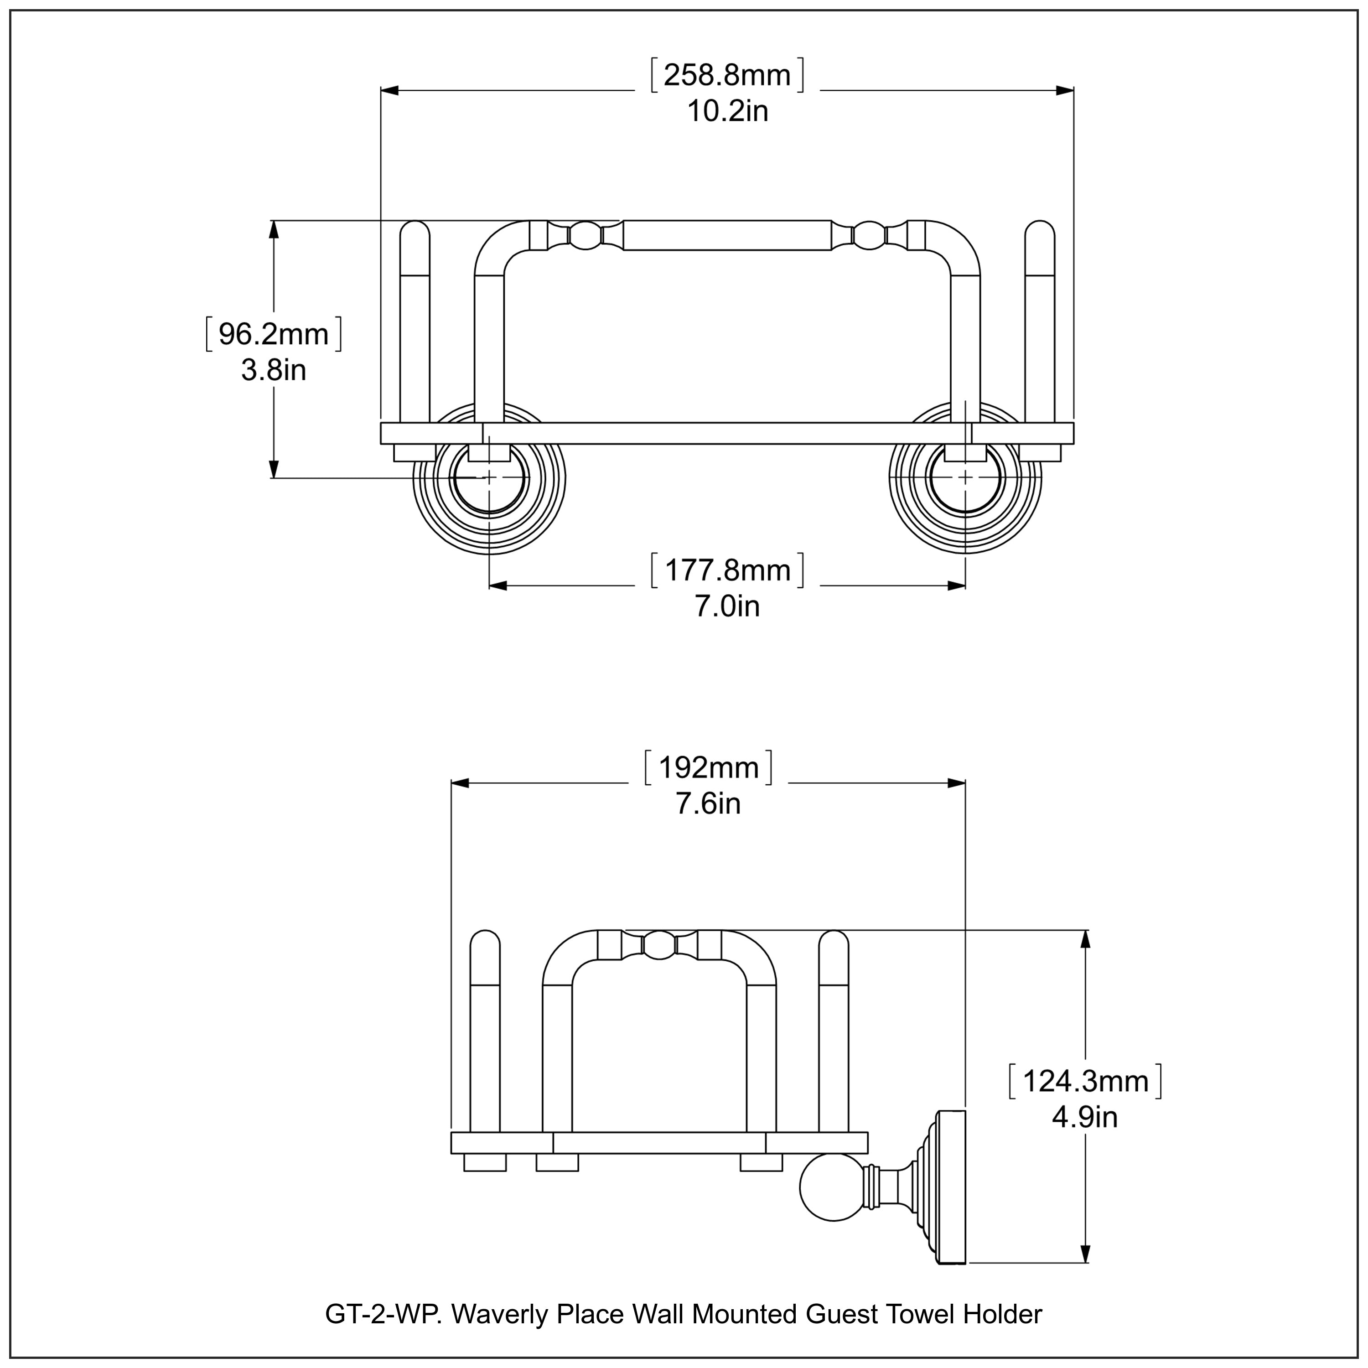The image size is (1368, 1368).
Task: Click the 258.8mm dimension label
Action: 727,76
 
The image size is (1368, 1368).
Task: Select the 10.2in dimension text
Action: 727,112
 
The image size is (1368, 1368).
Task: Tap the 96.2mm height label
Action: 273,334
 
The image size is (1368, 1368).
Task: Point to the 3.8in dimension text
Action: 273,370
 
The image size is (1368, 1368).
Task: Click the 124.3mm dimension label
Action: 1085,1081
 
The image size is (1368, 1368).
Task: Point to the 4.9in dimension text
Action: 1085,1117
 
